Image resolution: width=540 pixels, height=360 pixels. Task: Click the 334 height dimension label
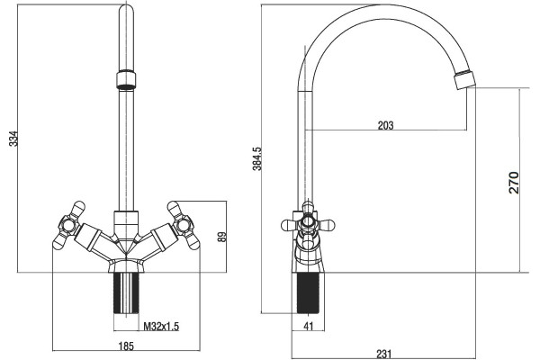point(13,139)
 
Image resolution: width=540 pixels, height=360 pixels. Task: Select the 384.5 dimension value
point(257,158)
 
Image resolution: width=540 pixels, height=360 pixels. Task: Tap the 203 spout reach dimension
point(385,125)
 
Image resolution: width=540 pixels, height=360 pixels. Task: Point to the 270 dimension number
point(514,183)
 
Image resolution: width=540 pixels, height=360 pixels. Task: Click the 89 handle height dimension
point(222,237)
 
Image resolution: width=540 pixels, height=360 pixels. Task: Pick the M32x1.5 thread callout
point(161,326)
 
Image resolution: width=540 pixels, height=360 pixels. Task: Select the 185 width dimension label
point(126,346)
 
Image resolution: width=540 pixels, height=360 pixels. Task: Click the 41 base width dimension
point(309,326)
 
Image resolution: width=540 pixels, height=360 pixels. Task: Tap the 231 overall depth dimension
point(384,354)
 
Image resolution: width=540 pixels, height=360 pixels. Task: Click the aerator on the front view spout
point(126,80)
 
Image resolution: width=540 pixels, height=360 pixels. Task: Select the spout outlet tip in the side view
point(465,79)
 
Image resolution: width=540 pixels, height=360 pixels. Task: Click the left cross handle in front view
point(68,225)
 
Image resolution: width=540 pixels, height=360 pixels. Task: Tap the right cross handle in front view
point(184,225)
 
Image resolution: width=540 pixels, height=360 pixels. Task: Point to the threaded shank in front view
point(126,293)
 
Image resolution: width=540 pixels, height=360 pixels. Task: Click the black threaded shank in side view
point(308,293)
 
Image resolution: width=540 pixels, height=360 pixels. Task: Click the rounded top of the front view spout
point(126,10)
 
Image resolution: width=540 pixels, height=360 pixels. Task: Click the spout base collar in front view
point(126,223)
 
